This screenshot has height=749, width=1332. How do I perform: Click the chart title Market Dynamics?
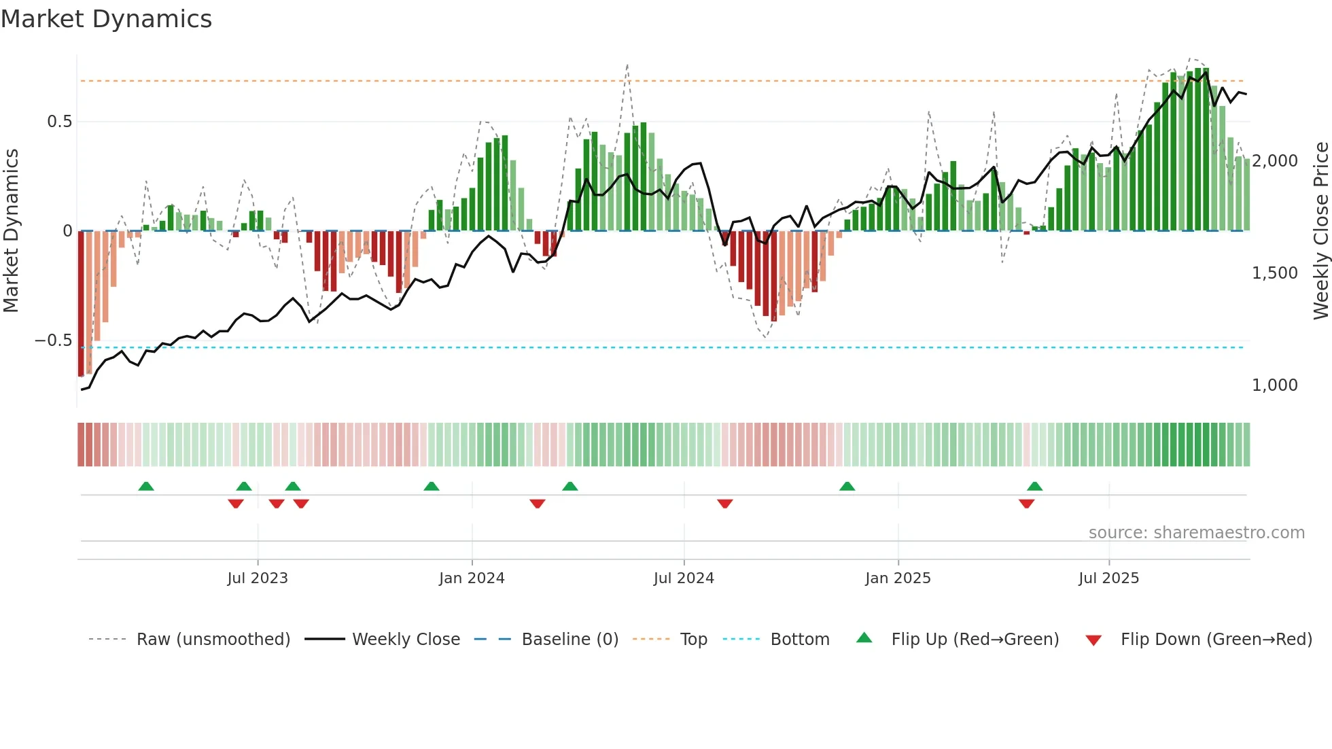106,19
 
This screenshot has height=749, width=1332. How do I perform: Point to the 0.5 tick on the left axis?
59,122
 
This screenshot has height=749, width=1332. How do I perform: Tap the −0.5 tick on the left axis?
54,341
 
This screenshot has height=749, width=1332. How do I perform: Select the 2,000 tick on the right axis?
1274,161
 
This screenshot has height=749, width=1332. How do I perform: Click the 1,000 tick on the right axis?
1274,385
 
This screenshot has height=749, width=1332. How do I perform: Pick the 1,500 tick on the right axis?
1274,273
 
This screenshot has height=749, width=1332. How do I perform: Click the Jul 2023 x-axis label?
258,578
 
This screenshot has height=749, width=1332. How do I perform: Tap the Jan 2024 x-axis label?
472,578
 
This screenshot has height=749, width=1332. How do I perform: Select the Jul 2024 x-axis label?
684,578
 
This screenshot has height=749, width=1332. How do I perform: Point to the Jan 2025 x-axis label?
898,578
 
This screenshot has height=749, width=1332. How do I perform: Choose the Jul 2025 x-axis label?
1108,578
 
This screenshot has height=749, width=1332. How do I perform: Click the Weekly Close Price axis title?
1320,231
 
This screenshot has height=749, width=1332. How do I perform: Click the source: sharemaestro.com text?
1196,533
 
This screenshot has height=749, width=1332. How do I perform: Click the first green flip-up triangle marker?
146,486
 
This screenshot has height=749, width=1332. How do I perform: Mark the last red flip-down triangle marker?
1026,504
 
